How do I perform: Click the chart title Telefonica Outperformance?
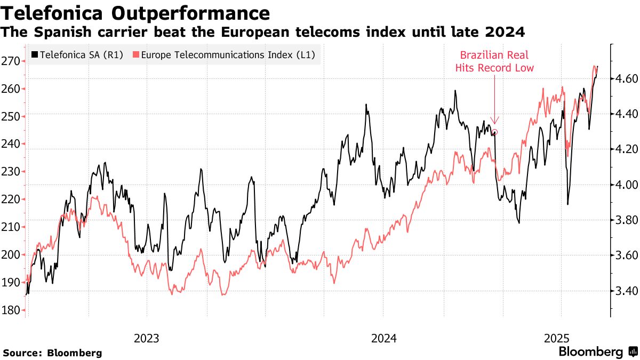136,12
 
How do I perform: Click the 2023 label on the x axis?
147,338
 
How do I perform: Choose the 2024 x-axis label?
383,338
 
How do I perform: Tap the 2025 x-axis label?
557,338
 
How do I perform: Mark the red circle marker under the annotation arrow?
494,132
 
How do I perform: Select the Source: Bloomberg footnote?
52,353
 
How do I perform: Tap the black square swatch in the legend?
35,54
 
